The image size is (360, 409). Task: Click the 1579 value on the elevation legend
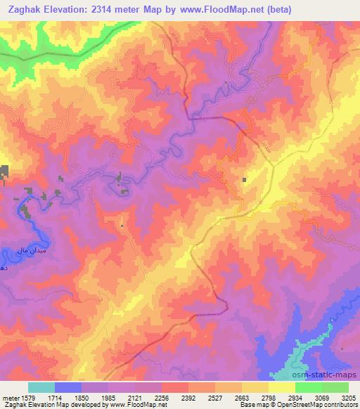(x=27, y=398)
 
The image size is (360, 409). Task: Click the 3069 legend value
(x=322, y=398)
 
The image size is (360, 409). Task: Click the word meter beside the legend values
(x=9, y=398)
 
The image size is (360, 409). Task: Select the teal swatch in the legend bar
(x=41, y=387)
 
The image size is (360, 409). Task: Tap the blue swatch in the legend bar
(x=67, y=387)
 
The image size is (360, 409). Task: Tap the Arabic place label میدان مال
(x=14, y=250)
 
